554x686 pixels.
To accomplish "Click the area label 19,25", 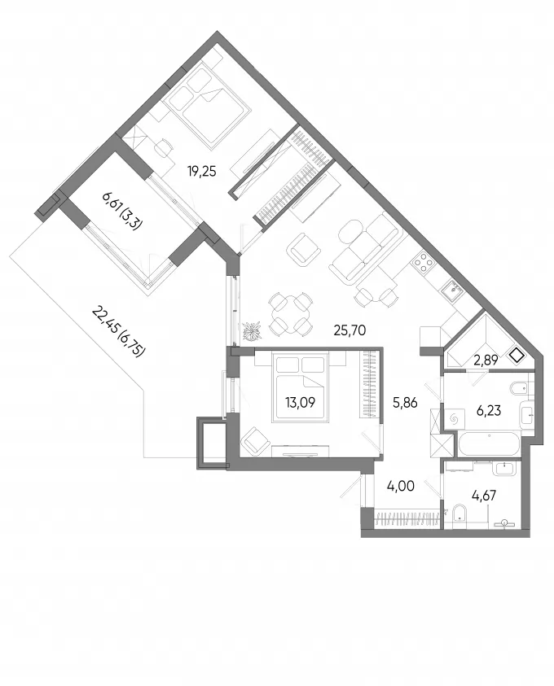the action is [x=202, y=172].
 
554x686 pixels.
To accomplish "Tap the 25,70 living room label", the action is [x=350, y=330].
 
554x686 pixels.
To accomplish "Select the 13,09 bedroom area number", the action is [x=300, y=402].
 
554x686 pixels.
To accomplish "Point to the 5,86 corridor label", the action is [x=405, y=403].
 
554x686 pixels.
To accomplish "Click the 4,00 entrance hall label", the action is [x=401, y=486].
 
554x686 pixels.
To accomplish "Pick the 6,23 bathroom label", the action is [x=488, y=411].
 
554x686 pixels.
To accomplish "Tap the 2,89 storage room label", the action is [x=486, y=360].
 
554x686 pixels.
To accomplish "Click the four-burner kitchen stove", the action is [x=424, y=263].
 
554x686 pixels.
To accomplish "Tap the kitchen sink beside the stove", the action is [x=451, y=289].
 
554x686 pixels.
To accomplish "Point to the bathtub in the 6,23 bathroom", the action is [x=489, y=445].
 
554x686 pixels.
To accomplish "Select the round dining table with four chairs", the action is [x=291, y=315].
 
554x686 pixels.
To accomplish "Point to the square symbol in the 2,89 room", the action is [x=517, y=356].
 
